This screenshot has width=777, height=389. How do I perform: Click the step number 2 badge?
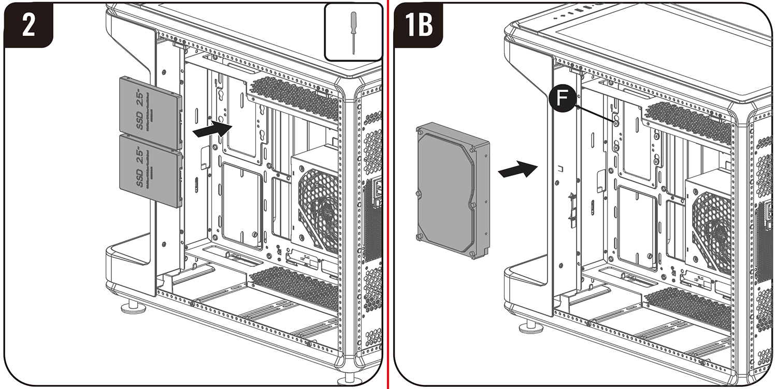coord(28,25)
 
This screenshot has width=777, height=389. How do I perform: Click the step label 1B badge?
coord(419,25)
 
